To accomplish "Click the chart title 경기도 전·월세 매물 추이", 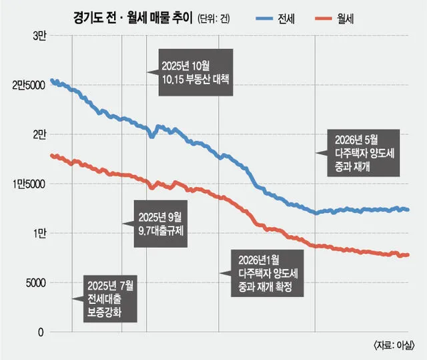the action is click(133, 18).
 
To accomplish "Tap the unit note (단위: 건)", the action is click(213, 19).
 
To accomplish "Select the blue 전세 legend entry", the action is click(276, 19).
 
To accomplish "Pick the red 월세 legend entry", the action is click(334, 19).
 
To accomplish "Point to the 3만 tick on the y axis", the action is click(39, 36).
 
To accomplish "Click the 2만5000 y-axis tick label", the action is click(29, 85).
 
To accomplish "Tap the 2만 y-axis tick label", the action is click(39, 135).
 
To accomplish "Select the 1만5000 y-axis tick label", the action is click(29, 184).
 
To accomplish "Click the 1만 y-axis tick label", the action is click(40, 234).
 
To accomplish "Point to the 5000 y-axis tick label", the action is click(35, 283).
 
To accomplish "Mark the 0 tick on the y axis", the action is click(41, 333).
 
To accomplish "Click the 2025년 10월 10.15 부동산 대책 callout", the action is click(195, 73).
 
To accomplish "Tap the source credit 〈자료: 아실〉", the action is click(394, 345).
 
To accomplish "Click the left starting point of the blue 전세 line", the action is click(51, 80).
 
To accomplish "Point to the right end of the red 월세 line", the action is click(408, 255).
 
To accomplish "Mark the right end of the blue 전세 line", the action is click(408, 210).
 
